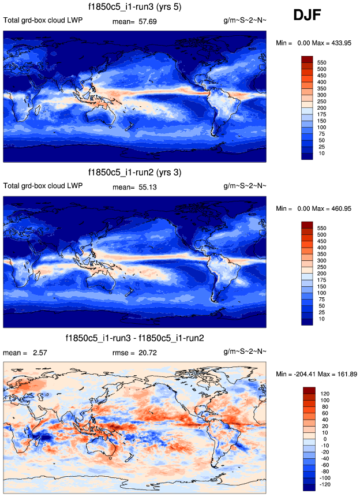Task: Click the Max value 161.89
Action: (344, 374)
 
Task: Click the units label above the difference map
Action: (245, 353)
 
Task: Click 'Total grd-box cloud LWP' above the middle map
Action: (43, 186)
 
